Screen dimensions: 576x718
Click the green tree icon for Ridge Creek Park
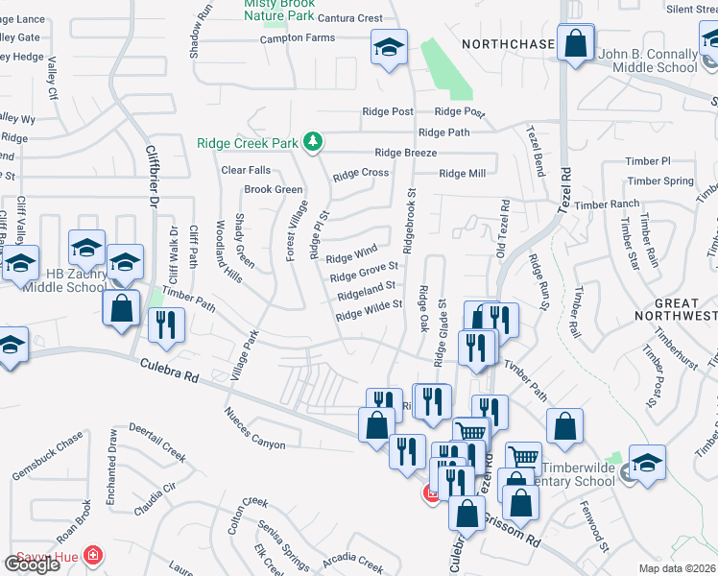(312, 143)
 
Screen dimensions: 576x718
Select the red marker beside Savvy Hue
(92, 555)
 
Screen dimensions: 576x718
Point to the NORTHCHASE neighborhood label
(508, 44)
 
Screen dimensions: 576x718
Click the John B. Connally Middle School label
(647, 60)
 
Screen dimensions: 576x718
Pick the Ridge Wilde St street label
(369, 309)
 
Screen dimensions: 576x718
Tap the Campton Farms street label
(299, 38)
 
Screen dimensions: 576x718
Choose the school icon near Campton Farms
(390, 48)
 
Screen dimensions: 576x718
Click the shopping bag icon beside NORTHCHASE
(575, 44)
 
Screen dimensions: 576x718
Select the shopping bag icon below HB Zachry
(121, 309)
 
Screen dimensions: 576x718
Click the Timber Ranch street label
(608, 204)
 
